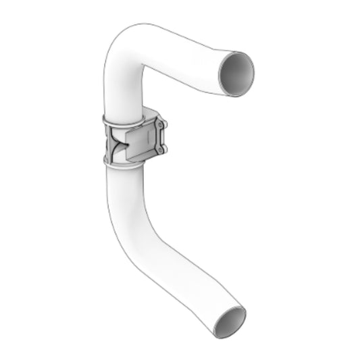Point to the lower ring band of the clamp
(122, 161)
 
